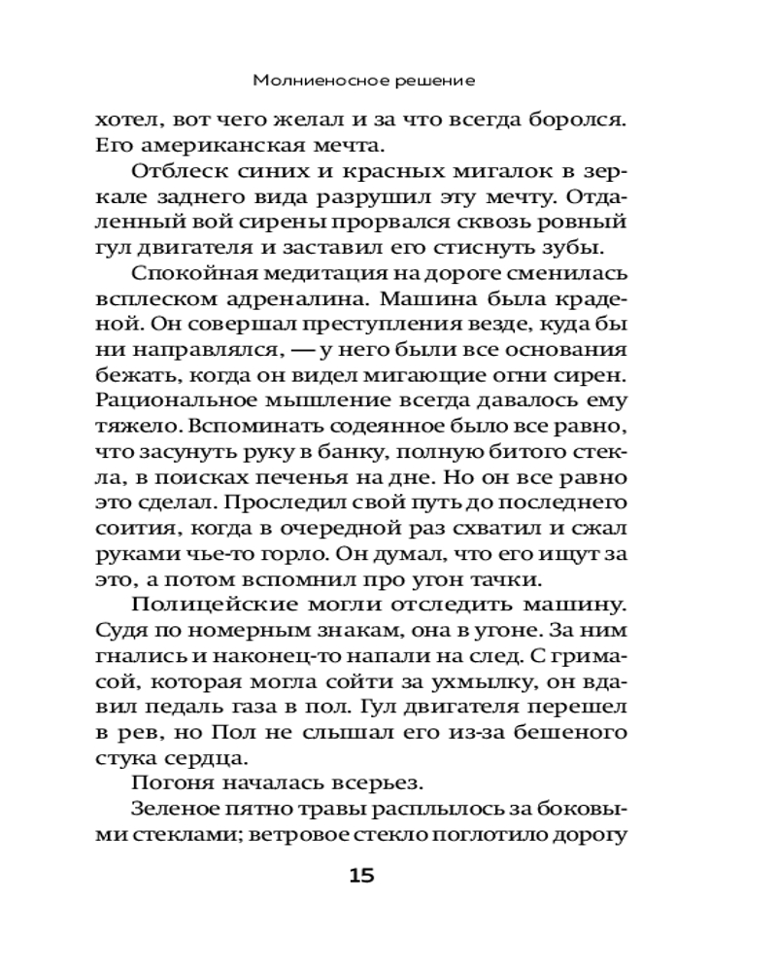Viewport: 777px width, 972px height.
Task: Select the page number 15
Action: [361, 876]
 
